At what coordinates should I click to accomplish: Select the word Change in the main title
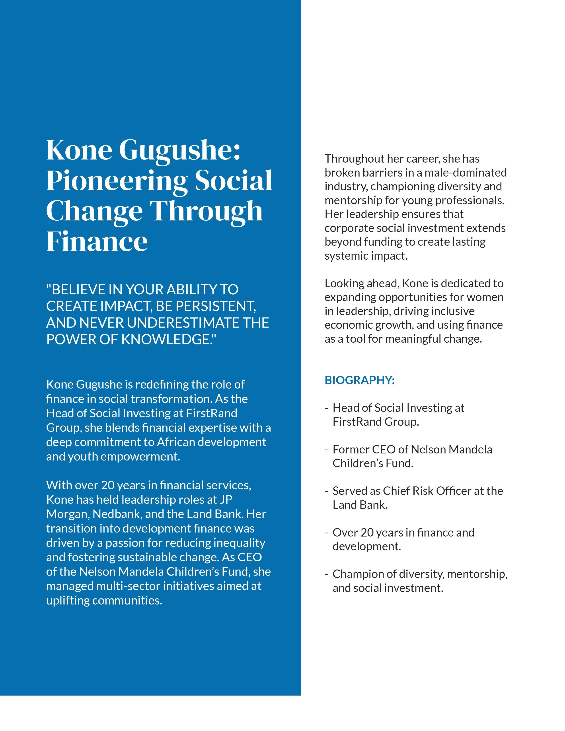coord(94,212)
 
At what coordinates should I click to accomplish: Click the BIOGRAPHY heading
coord(359,380)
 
